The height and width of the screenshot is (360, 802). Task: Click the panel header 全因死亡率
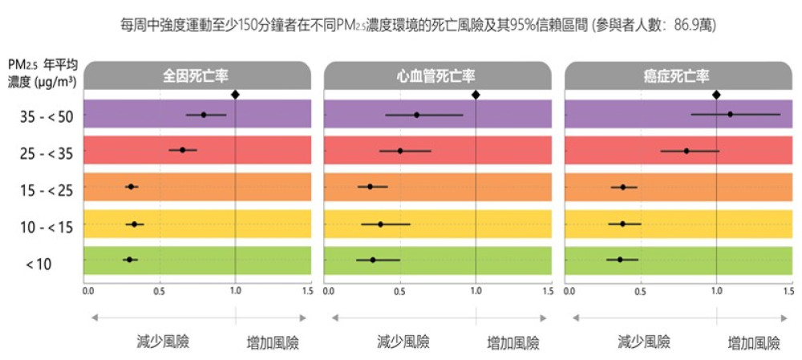tap(196, 76)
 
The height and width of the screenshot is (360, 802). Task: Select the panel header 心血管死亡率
tap(437, 76)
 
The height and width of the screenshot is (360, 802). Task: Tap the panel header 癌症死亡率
tap(678, 76)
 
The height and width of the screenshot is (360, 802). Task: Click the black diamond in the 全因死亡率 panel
tap(235, 95)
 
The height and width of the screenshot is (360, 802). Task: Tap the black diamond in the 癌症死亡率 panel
tap(716, 95)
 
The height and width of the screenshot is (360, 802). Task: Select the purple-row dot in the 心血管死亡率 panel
tap(416, 115)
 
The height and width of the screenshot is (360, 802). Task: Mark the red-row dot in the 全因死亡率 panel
tap(183, 150)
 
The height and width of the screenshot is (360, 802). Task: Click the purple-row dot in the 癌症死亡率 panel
tap(730, 114)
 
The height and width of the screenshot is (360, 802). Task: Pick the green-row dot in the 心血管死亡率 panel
tap(372, 260)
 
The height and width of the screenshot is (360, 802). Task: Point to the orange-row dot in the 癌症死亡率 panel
tap(623, 187)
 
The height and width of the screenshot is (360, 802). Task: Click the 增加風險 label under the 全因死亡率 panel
tap(273, 343)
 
